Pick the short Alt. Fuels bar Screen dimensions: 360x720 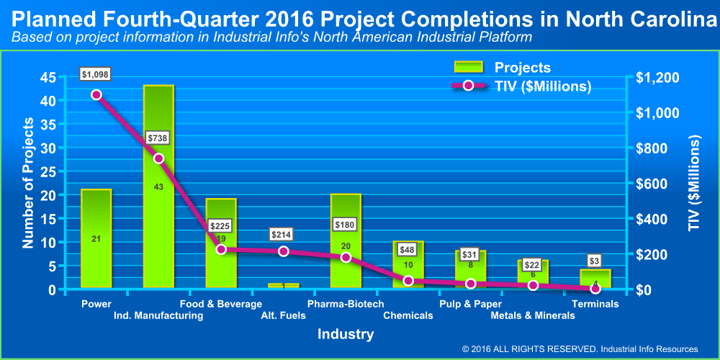[x=283, y=286]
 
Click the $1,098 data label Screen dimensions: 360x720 [x=96, y=74]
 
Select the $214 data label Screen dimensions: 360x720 [x=283, y=234]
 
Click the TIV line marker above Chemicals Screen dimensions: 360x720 [x=408, y=281]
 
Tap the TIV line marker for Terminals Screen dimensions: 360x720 [x=595, y=289]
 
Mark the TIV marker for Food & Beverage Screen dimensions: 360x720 [x=221, y=249]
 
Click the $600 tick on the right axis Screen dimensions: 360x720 [x=655, y=184]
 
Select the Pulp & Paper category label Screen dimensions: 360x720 [x=465, y=304]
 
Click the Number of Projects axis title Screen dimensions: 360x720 [x=28, y=184]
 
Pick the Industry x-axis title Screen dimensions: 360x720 [x=346, y=334]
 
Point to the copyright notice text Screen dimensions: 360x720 [x=580, y=349]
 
